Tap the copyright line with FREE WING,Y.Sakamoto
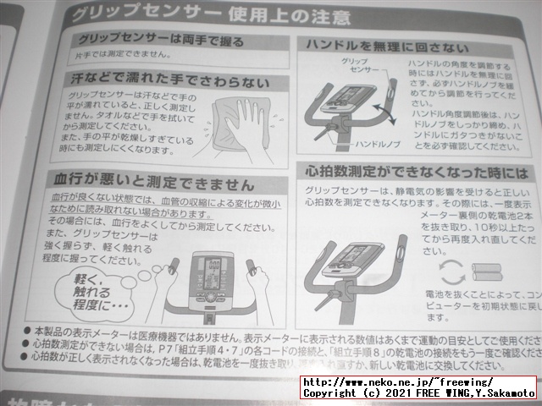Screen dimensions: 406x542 (x=418, y=394)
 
